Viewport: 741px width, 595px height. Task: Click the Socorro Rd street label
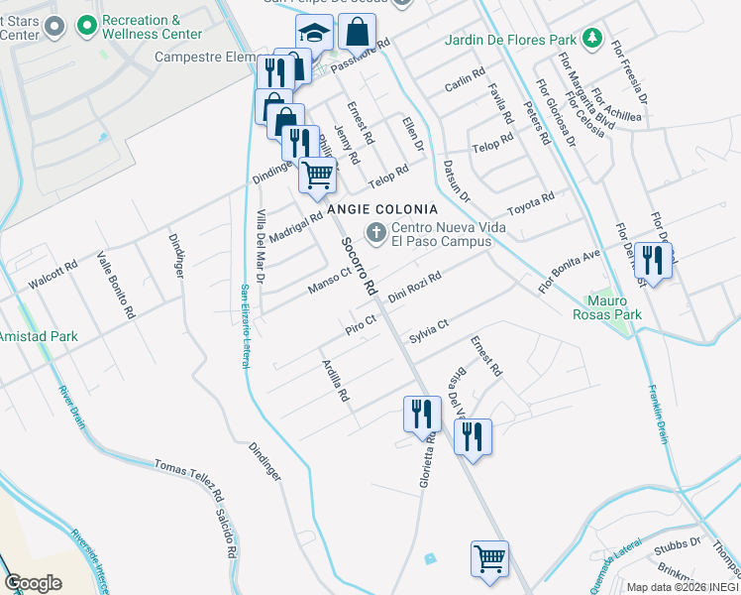[359, 266]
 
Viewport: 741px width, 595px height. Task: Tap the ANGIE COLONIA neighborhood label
[382, 209]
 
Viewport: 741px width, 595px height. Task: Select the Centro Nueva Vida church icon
[375, 233]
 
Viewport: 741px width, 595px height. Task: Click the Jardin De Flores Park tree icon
[592, 40]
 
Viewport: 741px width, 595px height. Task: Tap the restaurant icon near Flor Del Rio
[652, 261]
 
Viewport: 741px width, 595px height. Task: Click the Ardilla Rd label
[336, 380]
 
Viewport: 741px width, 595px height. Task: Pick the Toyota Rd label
[531, 204]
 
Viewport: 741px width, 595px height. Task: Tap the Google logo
[33, 583]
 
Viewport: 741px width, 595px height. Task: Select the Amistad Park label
[39, 337]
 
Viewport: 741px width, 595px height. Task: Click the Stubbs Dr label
[681, 543]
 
